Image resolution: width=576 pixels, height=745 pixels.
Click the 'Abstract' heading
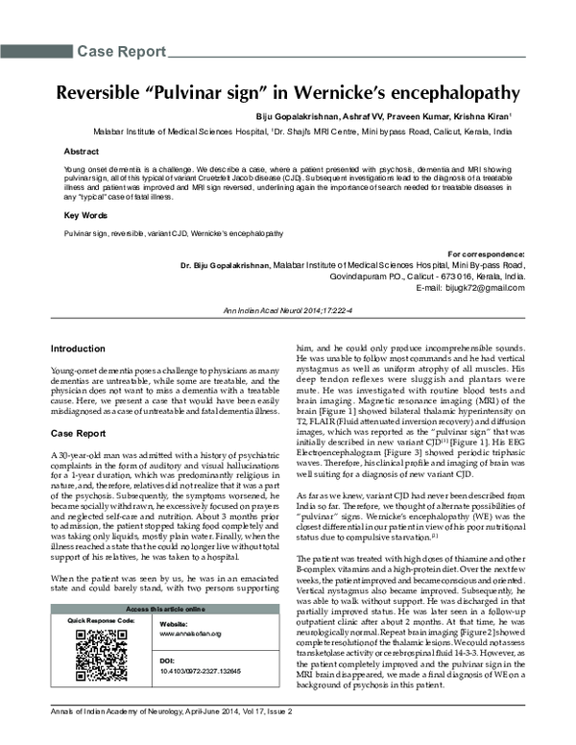click(81, 152)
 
